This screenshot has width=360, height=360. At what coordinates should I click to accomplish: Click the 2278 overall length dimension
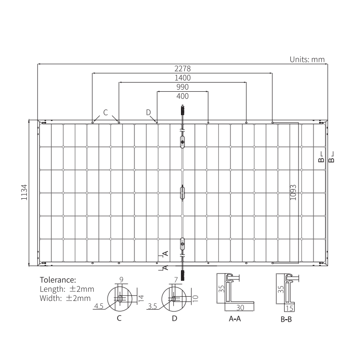tap(182, 69)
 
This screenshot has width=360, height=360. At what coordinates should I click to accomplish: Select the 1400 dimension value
tap(182, 78)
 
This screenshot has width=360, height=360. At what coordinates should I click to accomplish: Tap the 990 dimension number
tap(182, 87)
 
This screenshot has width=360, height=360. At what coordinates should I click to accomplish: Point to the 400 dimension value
tap(182, 96)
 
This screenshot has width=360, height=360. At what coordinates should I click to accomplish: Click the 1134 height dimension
tap(24, 192)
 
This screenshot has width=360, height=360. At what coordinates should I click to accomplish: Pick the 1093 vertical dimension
tap(293, 192)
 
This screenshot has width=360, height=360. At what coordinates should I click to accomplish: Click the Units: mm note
tap(307, 60)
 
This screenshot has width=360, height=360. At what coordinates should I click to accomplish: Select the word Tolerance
tap(58, 280)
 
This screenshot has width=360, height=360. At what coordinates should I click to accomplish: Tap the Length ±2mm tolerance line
tap(67, 289)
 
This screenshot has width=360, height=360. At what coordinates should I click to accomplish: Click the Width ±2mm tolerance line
tap(65, 298)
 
